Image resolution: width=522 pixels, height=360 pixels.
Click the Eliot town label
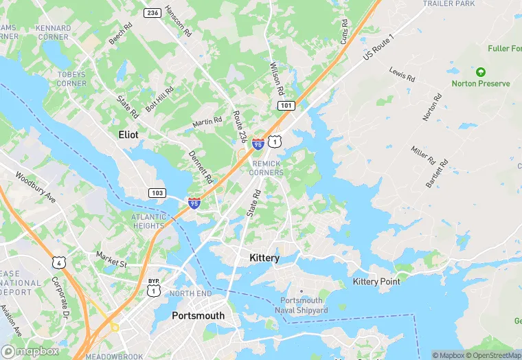[x=128, y=135]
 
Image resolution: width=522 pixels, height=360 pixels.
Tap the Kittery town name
[x=264, y=258]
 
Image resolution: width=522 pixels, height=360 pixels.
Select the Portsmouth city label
[x=198, y=315]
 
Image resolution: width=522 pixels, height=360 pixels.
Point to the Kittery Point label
[x=376, y=282]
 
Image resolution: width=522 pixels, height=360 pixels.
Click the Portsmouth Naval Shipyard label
[x=304, y=306]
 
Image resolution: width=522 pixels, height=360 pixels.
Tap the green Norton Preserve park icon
[x=480, y=71]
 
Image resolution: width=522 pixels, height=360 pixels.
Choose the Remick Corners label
[x=268, y=168]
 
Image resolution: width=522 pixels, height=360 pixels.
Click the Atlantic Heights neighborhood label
[x=148, y=221]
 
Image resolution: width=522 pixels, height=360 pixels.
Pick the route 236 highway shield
[x=152, y=13]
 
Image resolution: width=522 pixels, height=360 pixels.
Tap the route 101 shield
[x=286, y=105]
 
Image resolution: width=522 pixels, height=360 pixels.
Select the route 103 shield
[x=157, y=193]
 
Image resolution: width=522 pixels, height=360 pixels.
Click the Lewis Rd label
[x=402, y=74]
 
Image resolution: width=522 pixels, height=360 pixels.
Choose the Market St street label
[x=112, y=259]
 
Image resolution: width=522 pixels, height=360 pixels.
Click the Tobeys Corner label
[x=72, y=79]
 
